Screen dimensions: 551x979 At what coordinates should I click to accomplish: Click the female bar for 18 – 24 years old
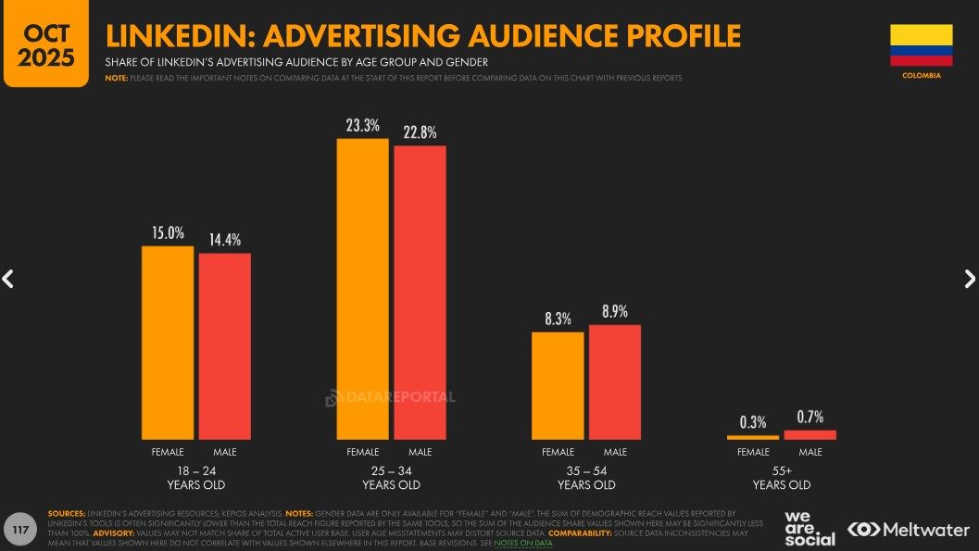coord(168,343)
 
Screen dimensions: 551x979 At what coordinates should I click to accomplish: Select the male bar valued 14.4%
coord(225,346)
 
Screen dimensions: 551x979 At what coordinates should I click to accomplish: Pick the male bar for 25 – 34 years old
coord(420,292)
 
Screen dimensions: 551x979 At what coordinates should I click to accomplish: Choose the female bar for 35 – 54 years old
coord(558,385)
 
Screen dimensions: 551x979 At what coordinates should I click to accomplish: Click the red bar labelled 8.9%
coord(615,382)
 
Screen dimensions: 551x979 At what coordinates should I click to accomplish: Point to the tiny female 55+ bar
coord(753,436)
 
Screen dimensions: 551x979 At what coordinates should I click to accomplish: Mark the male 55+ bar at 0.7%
coord(810,434)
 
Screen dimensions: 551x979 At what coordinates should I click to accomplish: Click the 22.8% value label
coord(420,132)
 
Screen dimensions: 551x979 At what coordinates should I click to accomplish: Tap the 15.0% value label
coord(168,233)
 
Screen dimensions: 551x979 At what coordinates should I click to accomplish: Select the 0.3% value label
coord(753,422)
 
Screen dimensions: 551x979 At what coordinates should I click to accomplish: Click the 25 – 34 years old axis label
coord(391,478)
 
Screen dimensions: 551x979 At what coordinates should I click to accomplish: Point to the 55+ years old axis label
coord(782,478)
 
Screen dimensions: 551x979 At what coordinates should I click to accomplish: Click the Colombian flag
coord(921,45)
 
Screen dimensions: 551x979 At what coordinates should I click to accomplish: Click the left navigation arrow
coord(8,279)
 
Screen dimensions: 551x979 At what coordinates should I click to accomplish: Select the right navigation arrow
coord(970,279)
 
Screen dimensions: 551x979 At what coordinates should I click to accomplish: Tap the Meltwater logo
coord(908,530)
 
